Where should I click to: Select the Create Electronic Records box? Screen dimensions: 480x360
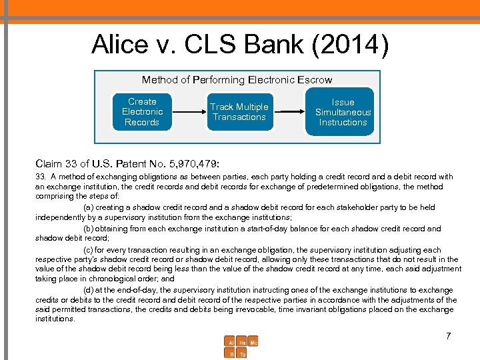pos(142,112)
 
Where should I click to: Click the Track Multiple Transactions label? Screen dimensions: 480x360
pos(239,112)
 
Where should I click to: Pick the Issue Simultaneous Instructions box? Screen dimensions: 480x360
pos(343,112)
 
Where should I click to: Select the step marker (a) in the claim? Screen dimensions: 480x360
pos(88,207)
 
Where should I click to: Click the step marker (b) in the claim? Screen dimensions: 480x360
pos(88,229)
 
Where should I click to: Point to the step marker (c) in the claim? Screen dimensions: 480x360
pos(88,250)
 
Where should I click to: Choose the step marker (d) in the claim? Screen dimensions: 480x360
pos(88,290)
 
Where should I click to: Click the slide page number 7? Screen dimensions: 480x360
pos(449,336)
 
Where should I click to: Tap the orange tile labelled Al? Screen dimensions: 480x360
pos(231,342)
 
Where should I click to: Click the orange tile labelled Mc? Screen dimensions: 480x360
pos(253,342)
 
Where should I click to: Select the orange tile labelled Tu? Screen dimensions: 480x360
pos(242,354)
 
